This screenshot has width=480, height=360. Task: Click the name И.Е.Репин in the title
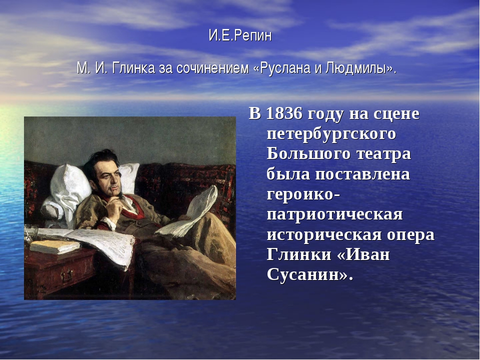(240, 36)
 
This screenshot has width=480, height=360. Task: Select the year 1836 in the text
(284, 113)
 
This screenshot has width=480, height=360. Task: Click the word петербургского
(331, 134)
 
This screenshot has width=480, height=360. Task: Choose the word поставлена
(363, 174)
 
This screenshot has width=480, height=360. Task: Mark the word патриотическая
(334, 214)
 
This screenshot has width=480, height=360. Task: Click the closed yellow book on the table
(55, 246)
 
